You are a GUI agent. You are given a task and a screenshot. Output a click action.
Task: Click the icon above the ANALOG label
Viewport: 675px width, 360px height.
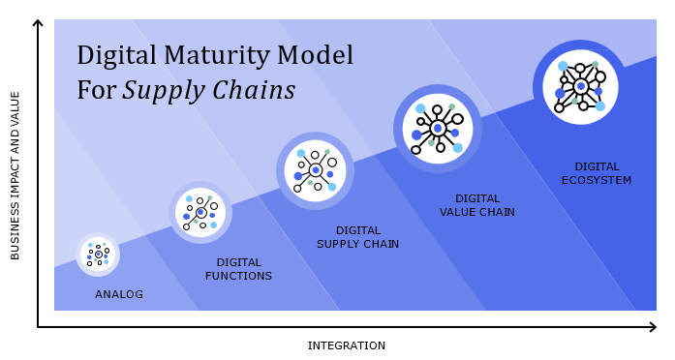point(98,255)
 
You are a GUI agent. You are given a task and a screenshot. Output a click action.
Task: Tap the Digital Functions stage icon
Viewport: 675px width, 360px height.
point(200,212)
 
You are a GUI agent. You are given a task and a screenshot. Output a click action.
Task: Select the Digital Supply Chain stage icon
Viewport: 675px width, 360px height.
point(315,170)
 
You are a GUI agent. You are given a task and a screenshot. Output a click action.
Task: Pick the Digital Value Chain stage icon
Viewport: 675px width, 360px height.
point(438,128)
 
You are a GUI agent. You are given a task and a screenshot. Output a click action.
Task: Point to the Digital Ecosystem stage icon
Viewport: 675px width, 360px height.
point(579,86)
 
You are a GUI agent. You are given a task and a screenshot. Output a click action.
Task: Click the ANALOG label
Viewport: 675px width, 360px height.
point(119,294)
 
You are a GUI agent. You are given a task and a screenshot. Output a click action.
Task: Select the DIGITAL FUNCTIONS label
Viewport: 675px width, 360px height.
point(238,269)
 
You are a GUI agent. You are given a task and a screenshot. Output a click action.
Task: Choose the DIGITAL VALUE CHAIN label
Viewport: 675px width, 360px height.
point(476,205)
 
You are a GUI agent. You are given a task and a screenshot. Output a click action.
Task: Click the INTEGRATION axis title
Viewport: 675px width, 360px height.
point(346,345)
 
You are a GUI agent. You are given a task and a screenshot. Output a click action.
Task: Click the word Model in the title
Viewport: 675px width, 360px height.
point(319,55)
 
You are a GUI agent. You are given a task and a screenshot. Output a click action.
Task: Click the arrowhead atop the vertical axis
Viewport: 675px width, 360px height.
point(38,24)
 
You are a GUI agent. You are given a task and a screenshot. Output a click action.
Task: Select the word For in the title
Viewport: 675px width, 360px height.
point(97,91)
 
